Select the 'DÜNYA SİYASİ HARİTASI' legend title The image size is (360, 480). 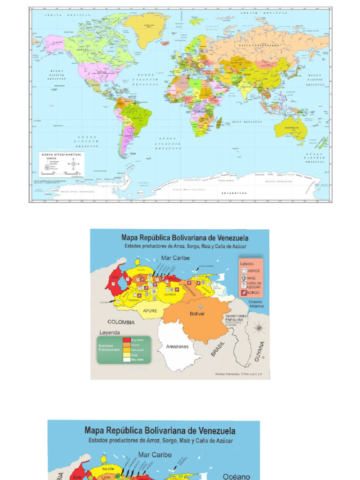point(61,154)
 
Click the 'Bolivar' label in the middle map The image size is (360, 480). point(197,314)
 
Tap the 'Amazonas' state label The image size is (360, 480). point(177,347)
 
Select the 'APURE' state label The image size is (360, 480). point(150,311)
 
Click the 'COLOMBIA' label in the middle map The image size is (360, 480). point(121,322)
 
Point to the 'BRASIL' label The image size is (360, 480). point(218,349)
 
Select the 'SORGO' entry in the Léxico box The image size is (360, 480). point(253,293)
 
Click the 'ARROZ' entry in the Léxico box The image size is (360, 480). point(253,271)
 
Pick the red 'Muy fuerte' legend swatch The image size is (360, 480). point(127,340)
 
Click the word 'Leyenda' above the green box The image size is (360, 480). point(110,332)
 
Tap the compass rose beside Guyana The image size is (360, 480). point(258,327)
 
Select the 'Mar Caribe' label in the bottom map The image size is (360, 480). point(155,455)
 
